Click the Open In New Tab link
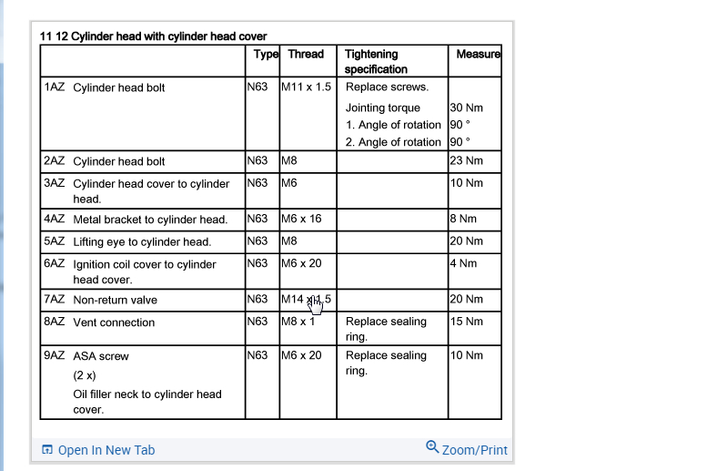click(x=106, y=450)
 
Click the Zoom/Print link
click(x=473, y=450)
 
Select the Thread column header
click(x=306, y=55)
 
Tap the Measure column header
click(x=478, y=55)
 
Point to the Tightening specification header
click(x=376, y=62)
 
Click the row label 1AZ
click(x=54, y=87)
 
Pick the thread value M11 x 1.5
click(x=307, y=87)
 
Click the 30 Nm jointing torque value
click(x=467, y=108)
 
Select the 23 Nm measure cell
click(x=467, y=161)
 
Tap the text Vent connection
click(x=114, y=323)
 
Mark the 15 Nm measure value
click(x=467, y=322)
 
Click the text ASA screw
click(x=101, y=356)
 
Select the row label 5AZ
click(x=54, y=241)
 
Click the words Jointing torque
click(x=383, y=108)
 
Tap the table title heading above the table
click(x=154, y=36)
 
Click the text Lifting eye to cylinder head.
click(x=142, y=242)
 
